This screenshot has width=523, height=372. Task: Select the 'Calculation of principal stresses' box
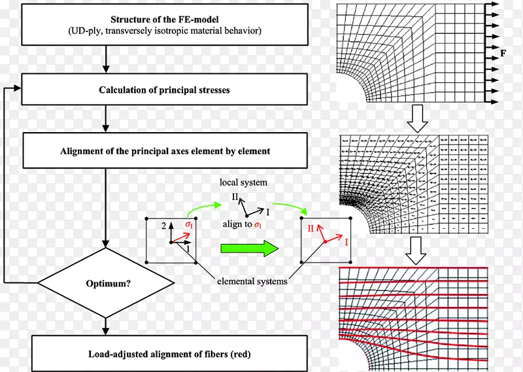click(164, 89)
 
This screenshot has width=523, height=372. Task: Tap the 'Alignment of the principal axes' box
click(164, 150)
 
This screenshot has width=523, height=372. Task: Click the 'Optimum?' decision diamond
click(105, 284)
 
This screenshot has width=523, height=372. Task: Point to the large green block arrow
click(249, 248)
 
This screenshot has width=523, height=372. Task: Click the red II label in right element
click(312, 228)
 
